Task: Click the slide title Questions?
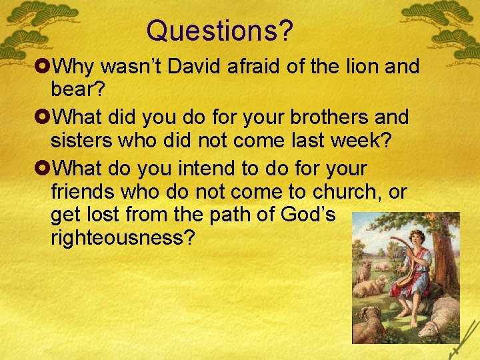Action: coord(221,30)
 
